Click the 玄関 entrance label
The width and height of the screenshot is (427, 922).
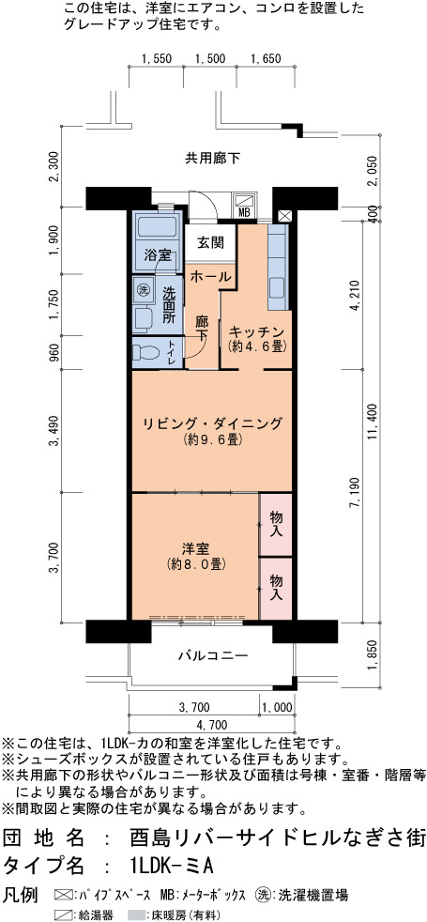(209, 242)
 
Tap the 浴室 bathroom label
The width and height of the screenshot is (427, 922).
(158, 255)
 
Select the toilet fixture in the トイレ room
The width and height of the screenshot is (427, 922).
(145, 353)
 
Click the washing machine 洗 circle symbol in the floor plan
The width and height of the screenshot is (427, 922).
(144, 289)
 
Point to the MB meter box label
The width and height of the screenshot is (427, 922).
(244, 212)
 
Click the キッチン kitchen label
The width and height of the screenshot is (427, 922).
(257, 331)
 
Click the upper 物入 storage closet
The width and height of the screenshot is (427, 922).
(276, 525)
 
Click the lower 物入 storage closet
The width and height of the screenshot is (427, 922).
(276, 589)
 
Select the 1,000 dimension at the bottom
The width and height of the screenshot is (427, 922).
(276, 707)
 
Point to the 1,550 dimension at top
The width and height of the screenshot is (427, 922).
(156, 58)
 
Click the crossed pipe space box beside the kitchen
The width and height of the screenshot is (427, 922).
(284, 215)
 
